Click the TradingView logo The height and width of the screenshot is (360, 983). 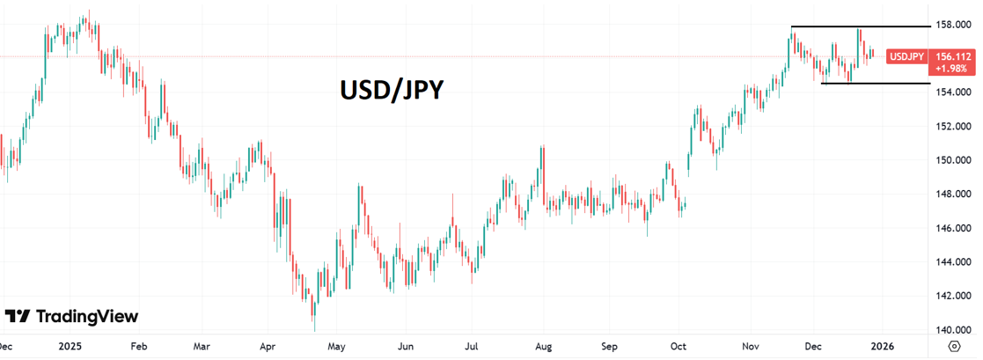pos(71,317)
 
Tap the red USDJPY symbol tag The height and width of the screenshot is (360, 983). pos(906,56)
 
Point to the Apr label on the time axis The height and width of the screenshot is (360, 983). pos(269,347)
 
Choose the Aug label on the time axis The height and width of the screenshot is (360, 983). pos(543,347)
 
